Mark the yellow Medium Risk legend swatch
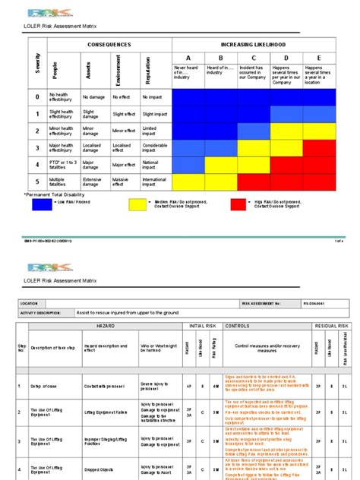coord(137,204)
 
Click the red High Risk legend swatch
coord(238,204)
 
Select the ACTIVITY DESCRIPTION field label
coord(44,311)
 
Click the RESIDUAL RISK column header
coord(332,326)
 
